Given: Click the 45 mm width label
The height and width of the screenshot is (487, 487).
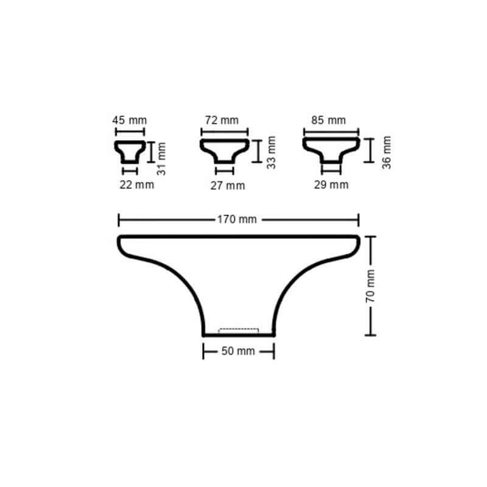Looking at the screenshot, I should coord(130,121).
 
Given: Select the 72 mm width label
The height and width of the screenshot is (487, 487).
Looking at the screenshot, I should coord(222,121).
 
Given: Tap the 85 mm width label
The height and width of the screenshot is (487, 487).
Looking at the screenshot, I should coord(328,121).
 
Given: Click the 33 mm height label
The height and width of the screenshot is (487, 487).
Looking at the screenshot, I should coord(272,152).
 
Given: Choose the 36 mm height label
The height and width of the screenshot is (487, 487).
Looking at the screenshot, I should coord(387,152).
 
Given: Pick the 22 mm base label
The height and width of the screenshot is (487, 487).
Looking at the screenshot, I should coord(136,185).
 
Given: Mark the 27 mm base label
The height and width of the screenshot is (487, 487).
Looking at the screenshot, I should coord(228,186).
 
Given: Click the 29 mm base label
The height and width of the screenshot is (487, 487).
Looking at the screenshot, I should coord(331,184).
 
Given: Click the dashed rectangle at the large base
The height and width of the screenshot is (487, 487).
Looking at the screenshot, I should coord(239,331).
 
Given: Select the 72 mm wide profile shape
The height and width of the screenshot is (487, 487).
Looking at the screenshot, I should coord(224,150).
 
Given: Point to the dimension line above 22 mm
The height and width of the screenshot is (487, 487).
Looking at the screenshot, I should coord(130,172).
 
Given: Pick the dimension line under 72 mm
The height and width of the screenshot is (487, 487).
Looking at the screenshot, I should coord(224,131).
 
